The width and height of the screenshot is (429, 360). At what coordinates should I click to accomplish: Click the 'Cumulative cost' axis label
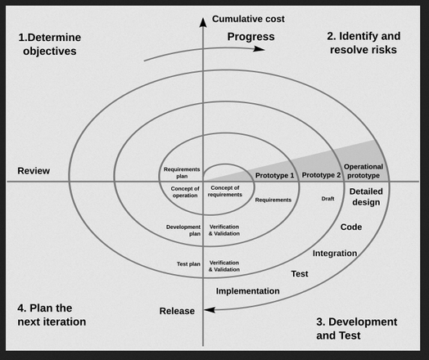tap(248, 19)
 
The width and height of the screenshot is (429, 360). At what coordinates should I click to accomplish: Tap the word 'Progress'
tap(251, 37)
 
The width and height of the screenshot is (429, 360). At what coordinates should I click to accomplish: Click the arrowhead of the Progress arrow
tap(259, 49)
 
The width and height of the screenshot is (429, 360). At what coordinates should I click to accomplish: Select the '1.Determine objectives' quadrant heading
tap(49, 44)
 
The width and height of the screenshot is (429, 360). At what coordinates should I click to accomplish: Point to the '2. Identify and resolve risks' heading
tap(364, 43)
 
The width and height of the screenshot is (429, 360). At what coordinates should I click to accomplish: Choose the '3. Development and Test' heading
tap(357, 329)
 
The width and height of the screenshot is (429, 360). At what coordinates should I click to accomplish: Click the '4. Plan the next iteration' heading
tap(52, 315)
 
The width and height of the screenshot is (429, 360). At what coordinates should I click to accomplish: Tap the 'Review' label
tap(34, 171)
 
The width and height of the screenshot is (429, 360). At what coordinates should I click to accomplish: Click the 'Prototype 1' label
tap(274, 175)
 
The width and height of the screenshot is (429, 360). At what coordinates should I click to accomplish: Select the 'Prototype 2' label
tap(321, 175)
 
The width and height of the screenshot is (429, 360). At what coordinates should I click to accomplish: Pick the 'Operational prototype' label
tap(364, 171)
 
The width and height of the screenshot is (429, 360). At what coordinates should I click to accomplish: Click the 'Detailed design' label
tap(366, 197)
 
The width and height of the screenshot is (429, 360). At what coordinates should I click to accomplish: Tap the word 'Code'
tap(351, 227)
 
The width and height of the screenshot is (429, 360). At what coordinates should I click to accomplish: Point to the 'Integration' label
tap(335, 254)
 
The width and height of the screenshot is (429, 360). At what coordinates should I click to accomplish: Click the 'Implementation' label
tap(248, 291)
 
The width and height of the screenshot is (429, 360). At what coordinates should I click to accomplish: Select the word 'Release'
tap(177, 311)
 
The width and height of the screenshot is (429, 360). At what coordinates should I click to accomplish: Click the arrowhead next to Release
tap(210, 310)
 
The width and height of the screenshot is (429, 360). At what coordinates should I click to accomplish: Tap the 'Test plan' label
tap(188, 264)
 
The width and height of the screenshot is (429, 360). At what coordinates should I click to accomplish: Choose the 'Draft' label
tap(327, 199)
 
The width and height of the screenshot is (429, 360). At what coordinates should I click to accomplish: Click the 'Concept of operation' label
tap(185, 192)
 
